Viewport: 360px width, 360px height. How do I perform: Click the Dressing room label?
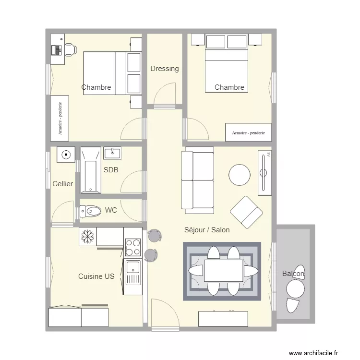164,69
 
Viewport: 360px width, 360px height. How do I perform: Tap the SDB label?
111,170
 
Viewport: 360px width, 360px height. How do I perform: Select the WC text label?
111,210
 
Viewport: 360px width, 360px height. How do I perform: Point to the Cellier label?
63,184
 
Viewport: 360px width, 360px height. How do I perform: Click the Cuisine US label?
96,276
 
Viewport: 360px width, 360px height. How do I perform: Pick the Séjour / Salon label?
207,230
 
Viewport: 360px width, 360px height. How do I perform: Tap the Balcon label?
293,274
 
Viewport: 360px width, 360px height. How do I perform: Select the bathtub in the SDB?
90,170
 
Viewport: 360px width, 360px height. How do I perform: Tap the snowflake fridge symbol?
87,236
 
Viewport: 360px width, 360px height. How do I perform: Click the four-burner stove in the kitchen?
133,247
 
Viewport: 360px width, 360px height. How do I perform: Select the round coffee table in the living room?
239,175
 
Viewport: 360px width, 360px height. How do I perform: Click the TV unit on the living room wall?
264,173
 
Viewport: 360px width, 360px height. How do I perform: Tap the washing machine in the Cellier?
66,155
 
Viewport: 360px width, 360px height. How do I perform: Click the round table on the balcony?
295,289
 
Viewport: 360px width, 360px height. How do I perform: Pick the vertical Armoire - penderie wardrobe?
60,118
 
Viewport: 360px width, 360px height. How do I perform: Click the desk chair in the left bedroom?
70,49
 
